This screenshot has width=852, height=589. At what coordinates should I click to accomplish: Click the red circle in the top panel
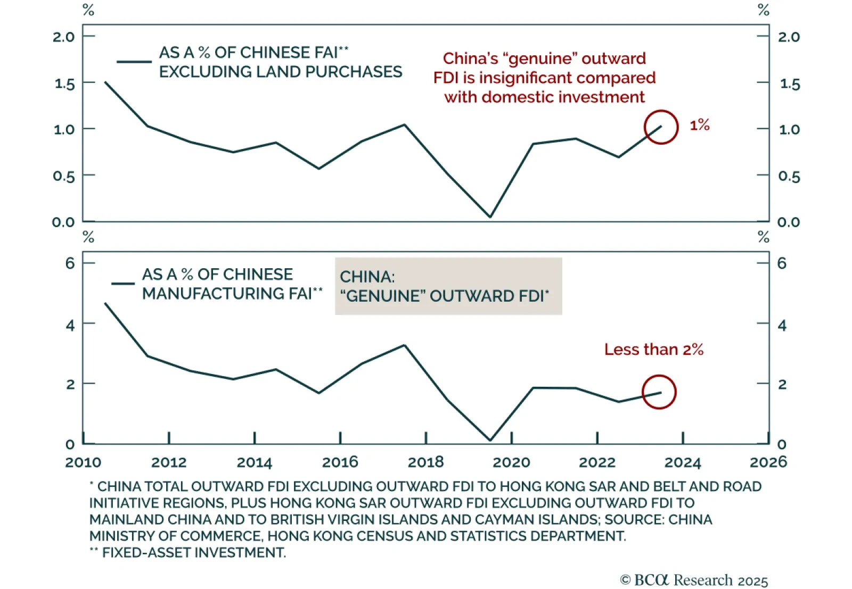661,127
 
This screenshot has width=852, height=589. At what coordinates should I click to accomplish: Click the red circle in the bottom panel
659,392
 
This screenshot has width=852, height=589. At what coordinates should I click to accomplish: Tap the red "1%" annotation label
699,125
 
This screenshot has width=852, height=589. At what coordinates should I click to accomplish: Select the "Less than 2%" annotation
653,350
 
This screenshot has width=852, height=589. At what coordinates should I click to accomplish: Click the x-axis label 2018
425,462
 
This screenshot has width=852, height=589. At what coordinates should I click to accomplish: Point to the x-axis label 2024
683,462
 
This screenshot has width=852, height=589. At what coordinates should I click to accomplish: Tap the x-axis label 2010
83,462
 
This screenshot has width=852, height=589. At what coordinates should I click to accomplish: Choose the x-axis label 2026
768,462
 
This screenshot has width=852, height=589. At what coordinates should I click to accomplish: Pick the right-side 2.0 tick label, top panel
789,37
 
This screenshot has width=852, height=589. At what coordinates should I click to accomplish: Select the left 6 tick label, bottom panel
70,263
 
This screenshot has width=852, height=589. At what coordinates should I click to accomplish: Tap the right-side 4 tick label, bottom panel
782,325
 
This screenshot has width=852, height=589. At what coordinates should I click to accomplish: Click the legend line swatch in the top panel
134,62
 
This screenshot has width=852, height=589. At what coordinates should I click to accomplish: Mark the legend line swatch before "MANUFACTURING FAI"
123,284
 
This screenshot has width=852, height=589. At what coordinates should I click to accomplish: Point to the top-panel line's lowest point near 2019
490,217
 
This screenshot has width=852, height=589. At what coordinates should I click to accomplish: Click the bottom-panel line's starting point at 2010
105,304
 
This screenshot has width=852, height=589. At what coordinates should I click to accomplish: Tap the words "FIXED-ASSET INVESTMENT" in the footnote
194,552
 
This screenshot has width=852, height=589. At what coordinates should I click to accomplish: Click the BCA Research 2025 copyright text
694,579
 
